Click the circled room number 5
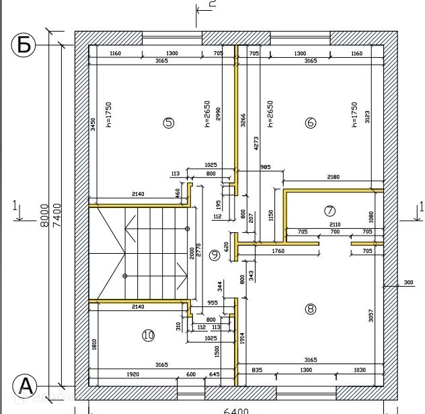[x=169, y=122]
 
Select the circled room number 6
[x=310, y=123]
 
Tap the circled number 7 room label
[x=330, y=211]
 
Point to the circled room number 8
[x=310, y=309]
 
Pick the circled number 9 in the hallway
[x=215, y=254]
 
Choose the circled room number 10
[x=149, y=335]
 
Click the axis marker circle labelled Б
[x=24, y=45]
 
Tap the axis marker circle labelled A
[x=25, y=386]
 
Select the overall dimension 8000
[x=45, y=215]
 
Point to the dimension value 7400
[x=58, y=215]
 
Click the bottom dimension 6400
[x=235, y=411]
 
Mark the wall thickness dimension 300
[x=408, y=282]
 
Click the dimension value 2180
[x=333, y=177]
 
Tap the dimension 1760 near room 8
[x=278, y=251]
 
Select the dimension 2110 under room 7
[x=334, y=225]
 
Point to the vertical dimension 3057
[x=371, y=315]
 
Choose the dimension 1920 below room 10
[x=132, y=374]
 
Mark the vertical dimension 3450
[x=93, y=125]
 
